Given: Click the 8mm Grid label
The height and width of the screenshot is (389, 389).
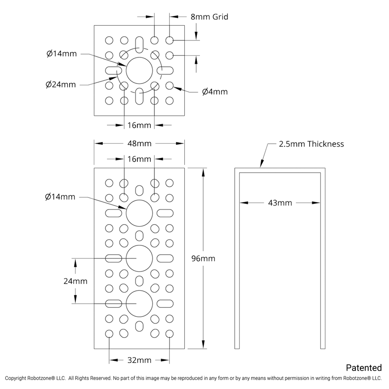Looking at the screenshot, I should (x=210, y=17).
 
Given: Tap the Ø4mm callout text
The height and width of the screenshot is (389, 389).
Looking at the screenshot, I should (x=214, y=92).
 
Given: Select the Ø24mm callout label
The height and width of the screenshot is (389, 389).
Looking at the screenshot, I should (x=61, y=84).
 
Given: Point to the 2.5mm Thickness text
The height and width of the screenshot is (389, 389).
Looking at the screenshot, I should (x=311, y=144).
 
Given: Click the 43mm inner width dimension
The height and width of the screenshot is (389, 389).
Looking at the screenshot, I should (x=280, y=203).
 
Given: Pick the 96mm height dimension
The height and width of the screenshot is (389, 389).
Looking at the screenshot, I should (x=203, y=258).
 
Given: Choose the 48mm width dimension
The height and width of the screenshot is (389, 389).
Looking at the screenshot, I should (x=139, y=144).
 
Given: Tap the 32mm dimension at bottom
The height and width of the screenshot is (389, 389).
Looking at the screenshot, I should (x=139, y=360).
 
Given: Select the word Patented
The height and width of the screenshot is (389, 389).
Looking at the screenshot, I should (x=363, y=367).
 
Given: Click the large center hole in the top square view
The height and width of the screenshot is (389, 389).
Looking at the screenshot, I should (x=140, y=70).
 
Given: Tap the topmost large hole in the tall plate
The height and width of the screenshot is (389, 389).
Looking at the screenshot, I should (x=140, y=213).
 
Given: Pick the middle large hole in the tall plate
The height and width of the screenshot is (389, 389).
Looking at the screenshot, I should (x=140, y=258).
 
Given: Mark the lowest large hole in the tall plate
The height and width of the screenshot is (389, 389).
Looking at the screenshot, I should (x=140, y=303).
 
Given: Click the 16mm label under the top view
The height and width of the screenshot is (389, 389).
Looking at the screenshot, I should (x=139, y=125).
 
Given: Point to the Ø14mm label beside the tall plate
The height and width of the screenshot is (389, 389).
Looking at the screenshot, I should (x=60, y=197).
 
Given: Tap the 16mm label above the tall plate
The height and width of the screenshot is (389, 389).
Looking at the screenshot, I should (x=139, y=159).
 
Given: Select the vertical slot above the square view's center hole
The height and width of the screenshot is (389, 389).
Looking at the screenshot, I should (x=140, y=44).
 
